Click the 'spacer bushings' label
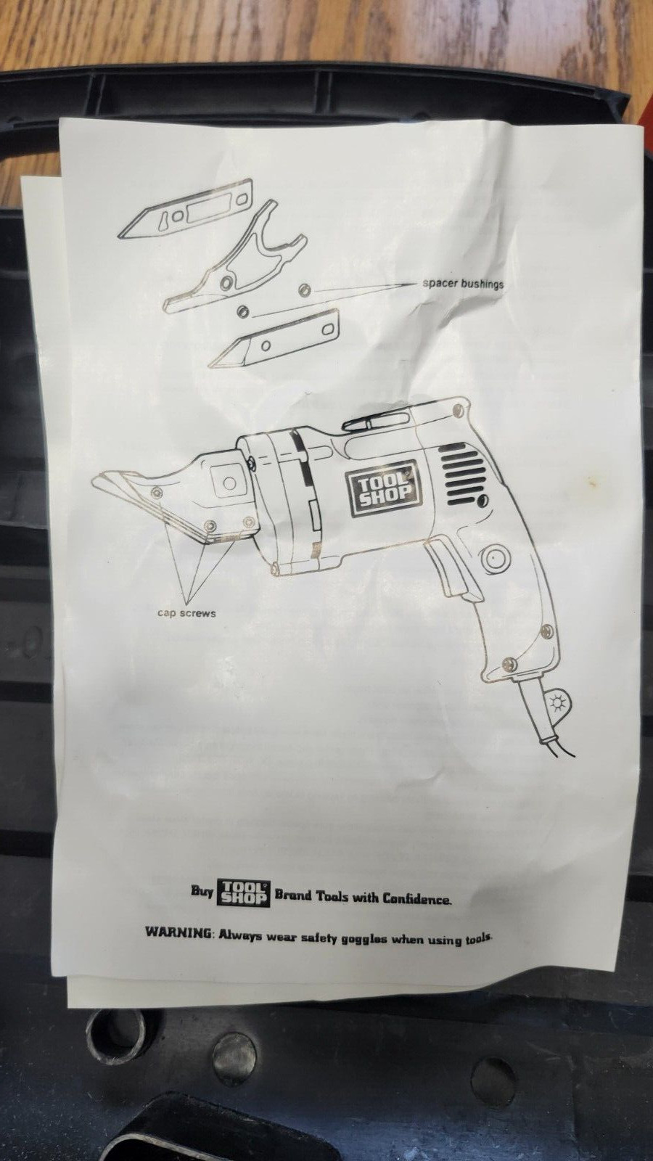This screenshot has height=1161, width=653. (x=462, y=284)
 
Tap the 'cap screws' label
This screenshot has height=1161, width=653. (x=186, y=613)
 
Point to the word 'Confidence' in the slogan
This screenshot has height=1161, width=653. (x=416, y=898)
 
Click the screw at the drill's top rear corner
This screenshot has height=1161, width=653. (x=457, y=411)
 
